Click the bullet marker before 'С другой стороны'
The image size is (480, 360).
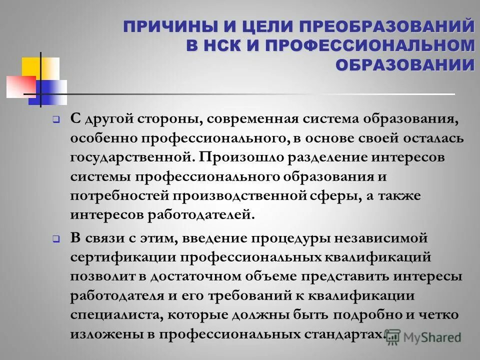[x=56, y=120]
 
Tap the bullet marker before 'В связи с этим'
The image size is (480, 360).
[x=56, y=239]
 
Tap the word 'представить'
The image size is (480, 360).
[x=342, y=276]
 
